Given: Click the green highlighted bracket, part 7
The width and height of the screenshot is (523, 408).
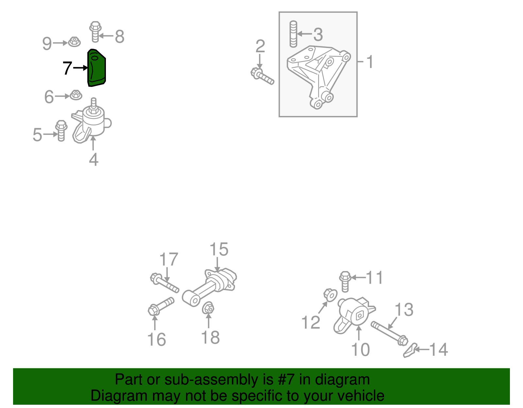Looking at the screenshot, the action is (x=96, y=68).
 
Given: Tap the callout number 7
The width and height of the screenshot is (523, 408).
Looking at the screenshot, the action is (x=67, y=68).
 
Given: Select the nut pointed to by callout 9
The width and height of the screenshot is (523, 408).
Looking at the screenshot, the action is (x=75, y=42).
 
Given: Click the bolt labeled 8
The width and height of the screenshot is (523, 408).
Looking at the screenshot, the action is (x=95, y=32).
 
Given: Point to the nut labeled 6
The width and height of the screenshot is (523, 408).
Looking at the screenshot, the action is (x=76, y=95).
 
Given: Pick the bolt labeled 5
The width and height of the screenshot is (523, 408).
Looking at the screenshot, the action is (x=61, y=131).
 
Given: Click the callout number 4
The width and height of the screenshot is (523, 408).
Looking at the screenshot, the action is (x=93, y=159).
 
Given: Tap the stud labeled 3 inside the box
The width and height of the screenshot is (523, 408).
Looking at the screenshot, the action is (x=293, y=34).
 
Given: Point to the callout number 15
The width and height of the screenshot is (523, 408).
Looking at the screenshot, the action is (x=219, y=249).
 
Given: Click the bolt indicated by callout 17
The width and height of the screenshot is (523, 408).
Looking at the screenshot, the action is (x=164, y=283).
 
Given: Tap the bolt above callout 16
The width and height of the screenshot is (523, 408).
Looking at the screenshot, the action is (x=161, y=306).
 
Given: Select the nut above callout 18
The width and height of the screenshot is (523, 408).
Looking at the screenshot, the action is (x=208, y=308).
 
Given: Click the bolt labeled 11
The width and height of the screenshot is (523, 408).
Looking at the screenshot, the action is (x=345, y=282).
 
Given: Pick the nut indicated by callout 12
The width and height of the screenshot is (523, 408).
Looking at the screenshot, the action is (x=330, y=295).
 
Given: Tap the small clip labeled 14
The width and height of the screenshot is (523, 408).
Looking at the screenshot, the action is (x=410, y=350).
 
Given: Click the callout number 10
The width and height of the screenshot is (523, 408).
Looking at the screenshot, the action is (x=360, y=349).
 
